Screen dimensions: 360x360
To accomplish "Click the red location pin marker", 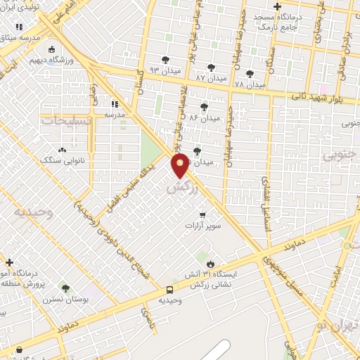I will click(181, 165).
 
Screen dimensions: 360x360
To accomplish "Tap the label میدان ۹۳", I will click(165, 71).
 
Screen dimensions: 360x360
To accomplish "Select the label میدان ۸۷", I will click(212, 77).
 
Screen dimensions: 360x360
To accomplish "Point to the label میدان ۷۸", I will click(250, 84).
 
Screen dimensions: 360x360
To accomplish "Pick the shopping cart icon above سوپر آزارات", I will click(203, 215).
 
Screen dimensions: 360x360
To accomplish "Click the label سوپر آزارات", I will click(203, 226).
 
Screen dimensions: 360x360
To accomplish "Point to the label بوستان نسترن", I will click(65, 299).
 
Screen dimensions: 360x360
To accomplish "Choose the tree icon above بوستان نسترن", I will click(65, 288).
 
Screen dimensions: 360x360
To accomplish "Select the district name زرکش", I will click(179, 189).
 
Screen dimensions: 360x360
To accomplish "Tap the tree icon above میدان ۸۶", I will click(204, 107).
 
